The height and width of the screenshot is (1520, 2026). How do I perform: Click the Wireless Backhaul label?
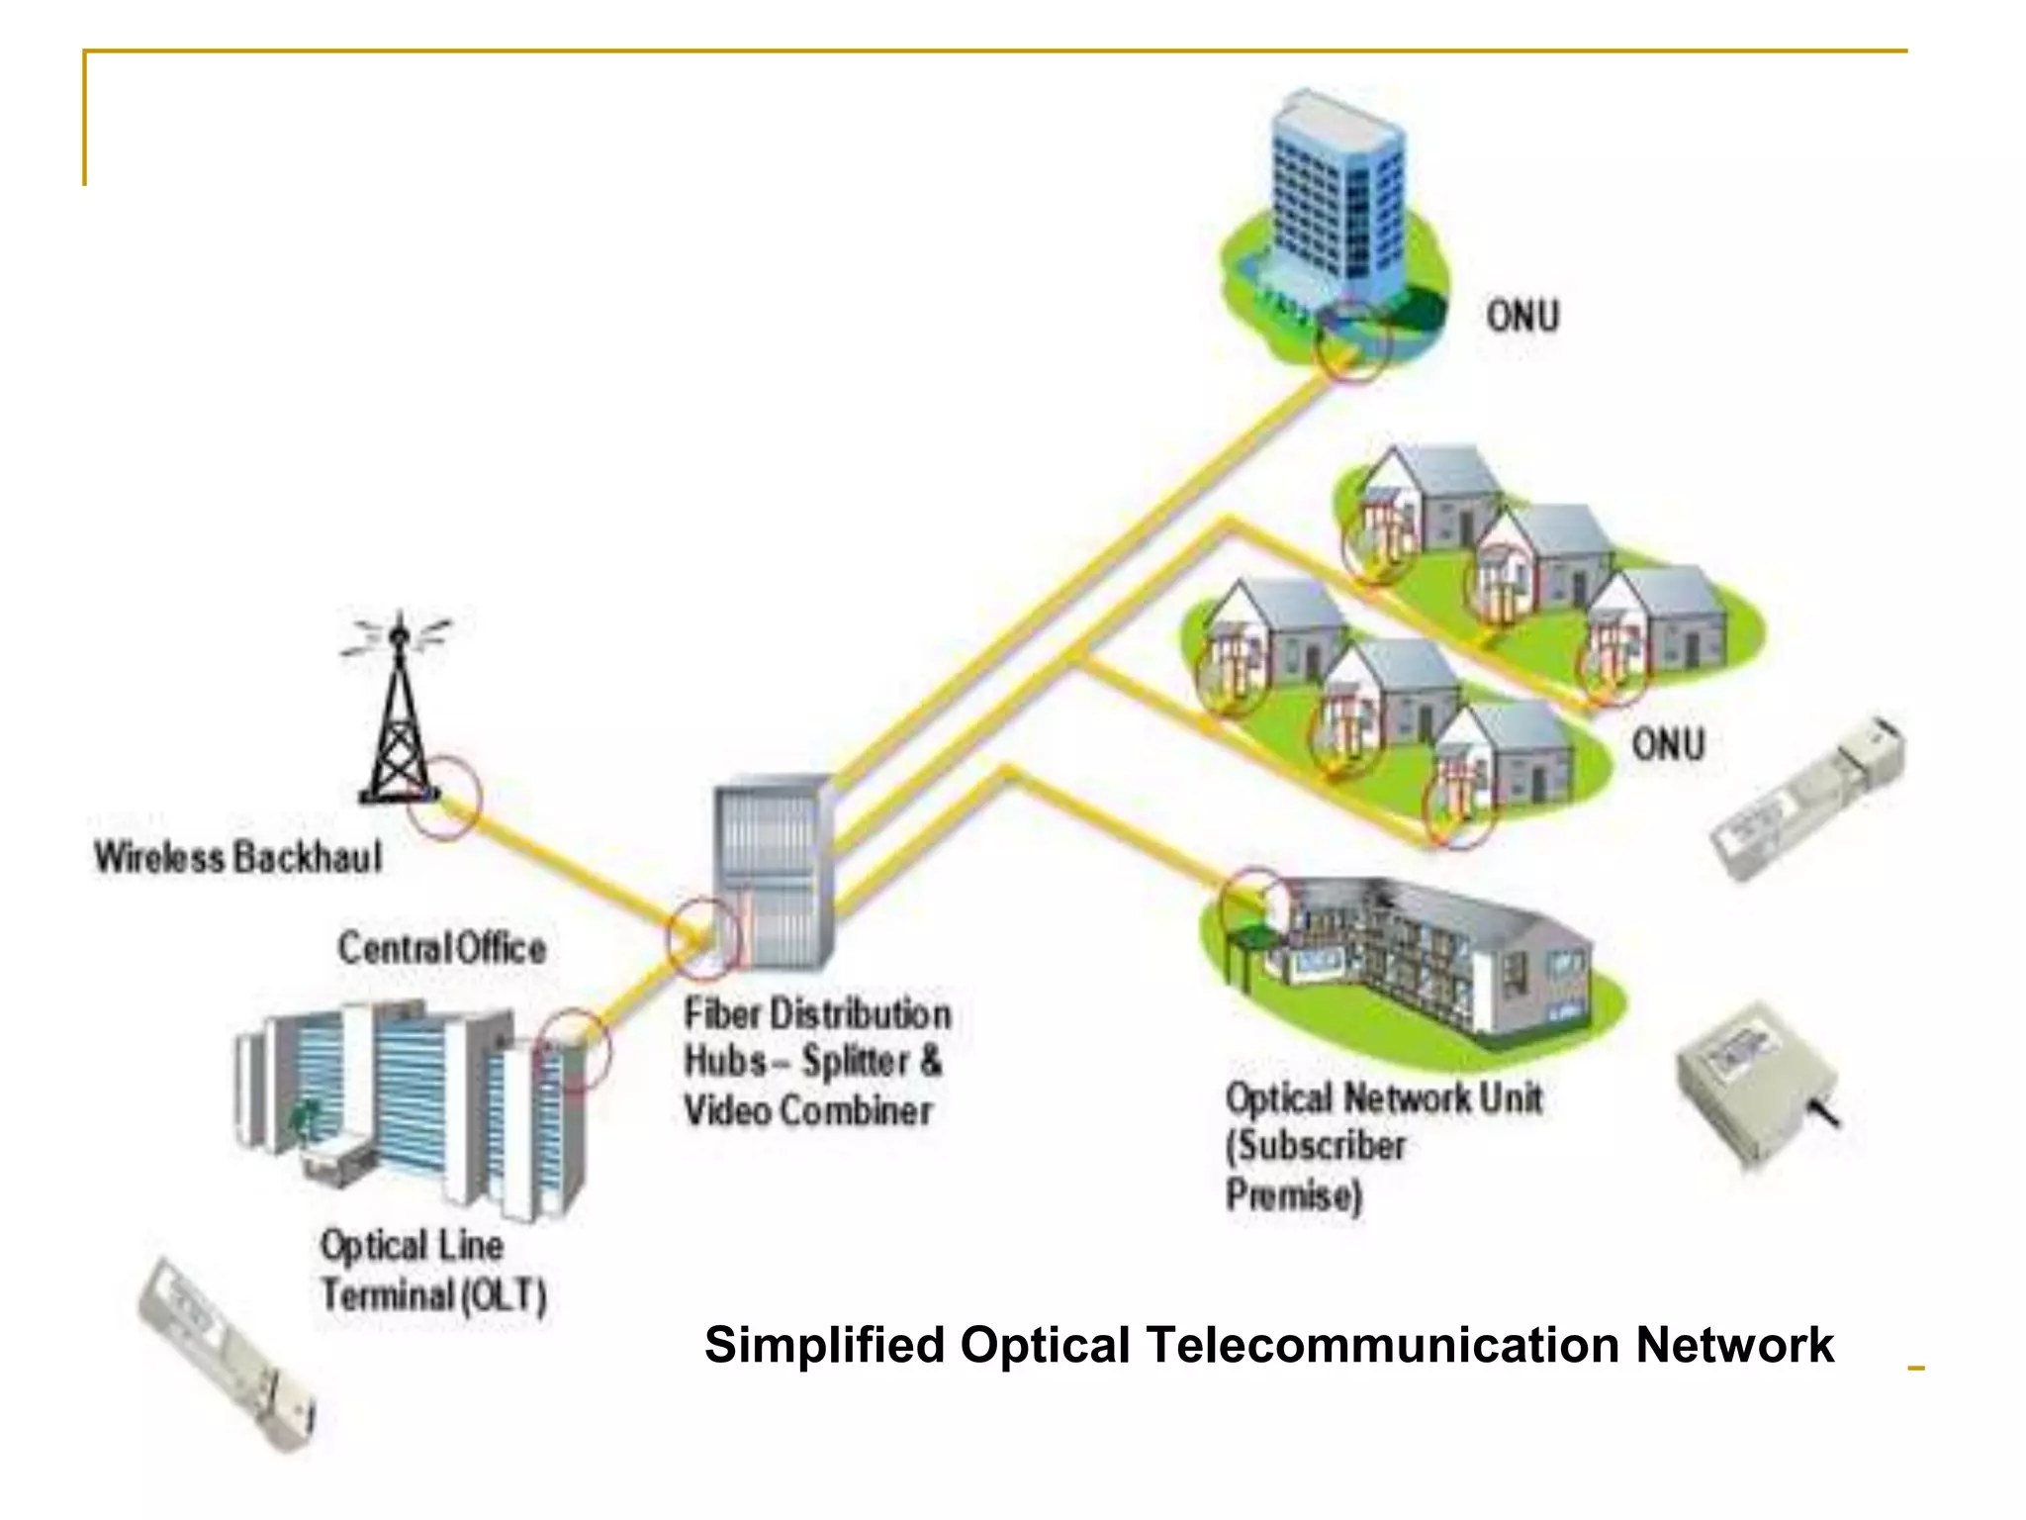pyautogui.click(x=237, y=857)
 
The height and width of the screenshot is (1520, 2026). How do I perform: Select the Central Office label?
pyautogui.click(x=441, y=948)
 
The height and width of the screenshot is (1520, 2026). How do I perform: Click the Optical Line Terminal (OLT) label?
pyautogui.click(x=432, y=1271)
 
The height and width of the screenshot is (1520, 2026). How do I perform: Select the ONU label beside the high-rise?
pyautogui.click(x=1522, y=317)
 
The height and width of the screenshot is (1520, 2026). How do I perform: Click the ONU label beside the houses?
pyautogui.click(x=1668, y=744)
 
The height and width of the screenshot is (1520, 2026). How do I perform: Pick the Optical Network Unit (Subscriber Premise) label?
pyautogui.click(x=1383, y=1146)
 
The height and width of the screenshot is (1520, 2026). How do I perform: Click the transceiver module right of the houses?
pyautogui.click(x=1806, y=797)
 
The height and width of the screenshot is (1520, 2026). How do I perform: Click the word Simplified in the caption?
pyautogui.click(x=824, y=1345)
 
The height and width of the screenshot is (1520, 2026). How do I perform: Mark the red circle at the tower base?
pyautogui.click(x=444, y=799)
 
